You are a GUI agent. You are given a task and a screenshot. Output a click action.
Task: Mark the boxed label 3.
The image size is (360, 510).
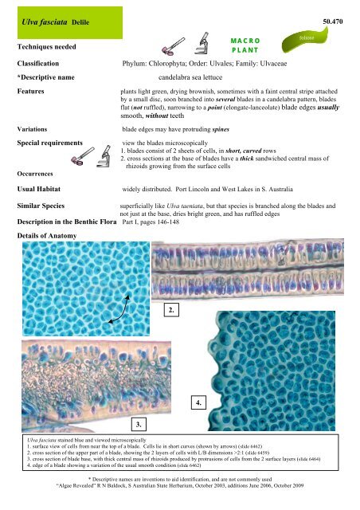(x=139, y=421)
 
